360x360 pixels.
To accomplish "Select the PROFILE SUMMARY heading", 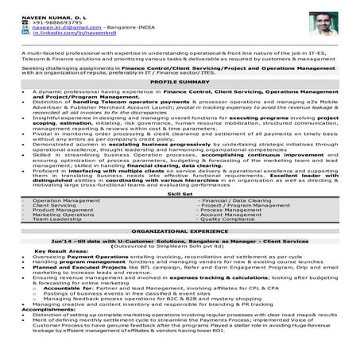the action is click(x=180, y=103).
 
